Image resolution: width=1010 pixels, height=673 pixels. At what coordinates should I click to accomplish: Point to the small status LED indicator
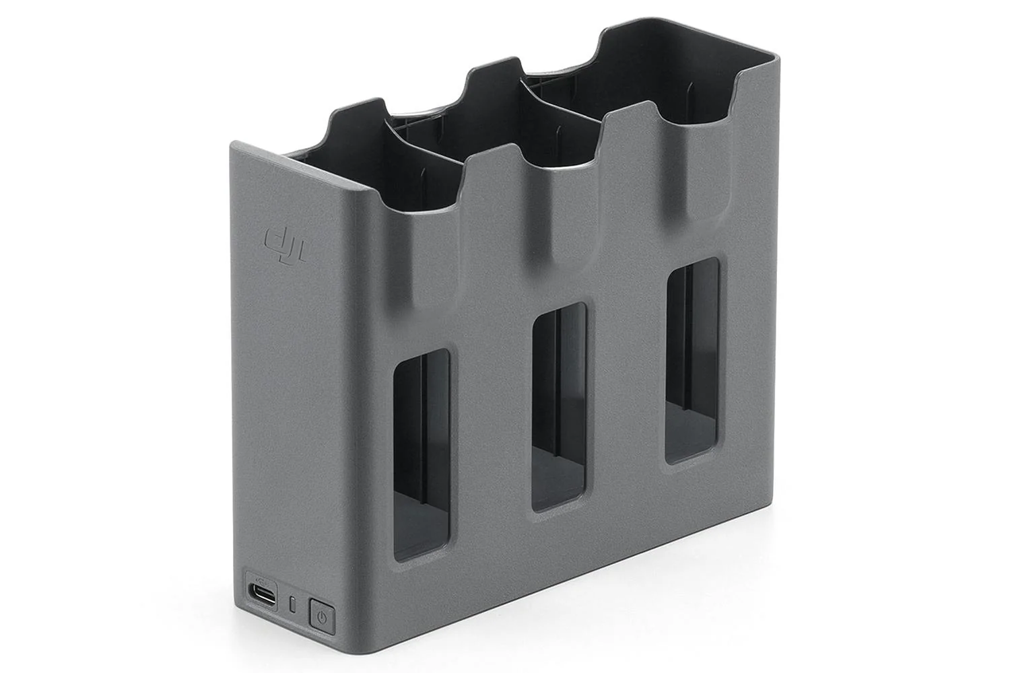point(292,604)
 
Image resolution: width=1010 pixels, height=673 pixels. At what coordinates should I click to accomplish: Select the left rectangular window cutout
point(422,454)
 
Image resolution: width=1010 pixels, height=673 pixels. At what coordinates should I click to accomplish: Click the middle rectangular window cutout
point(559,407)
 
